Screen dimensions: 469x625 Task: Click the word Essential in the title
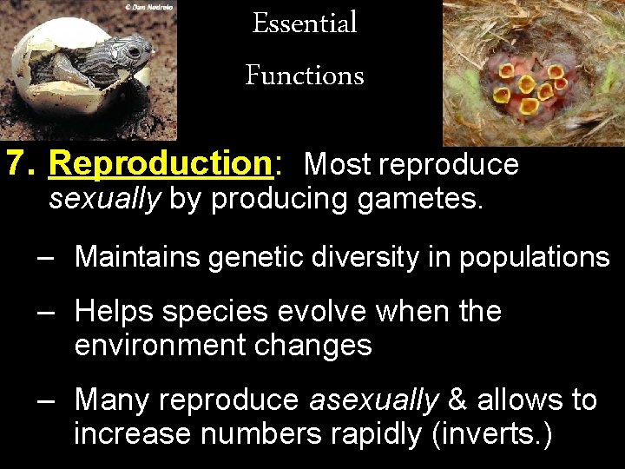(305, 24)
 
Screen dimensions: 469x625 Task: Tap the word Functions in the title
(305, 76)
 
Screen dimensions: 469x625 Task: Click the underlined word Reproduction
(161, 163)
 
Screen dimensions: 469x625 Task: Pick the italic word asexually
(374, 400)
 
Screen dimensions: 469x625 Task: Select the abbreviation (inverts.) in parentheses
(490, 433)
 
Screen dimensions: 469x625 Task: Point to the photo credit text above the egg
(149, 7)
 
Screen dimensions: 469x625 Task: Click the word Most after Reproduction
(339, 163)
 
